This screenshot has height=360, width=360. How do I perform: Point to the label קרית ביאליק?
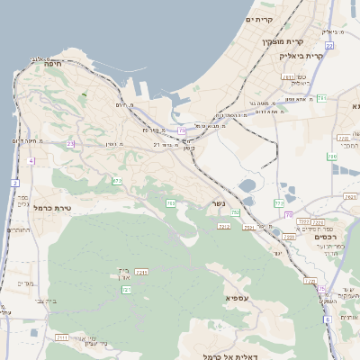[x=300, y=55]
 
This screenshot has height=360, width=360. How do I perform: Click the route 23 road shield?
[x=69, y=144]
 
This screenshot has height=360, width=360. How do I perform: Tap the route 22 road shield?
[x=329, y=45]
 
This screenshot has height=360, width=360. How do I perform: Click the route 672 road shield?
[x=117, y=181]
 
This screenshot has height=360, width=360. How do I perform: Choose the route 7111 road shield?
[x=62, y=337]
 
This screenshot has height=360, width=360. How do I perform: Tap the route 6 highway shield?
[x=328, y=319]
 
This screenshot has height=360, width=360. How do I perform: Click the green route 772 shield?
[x=279, y=203]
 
